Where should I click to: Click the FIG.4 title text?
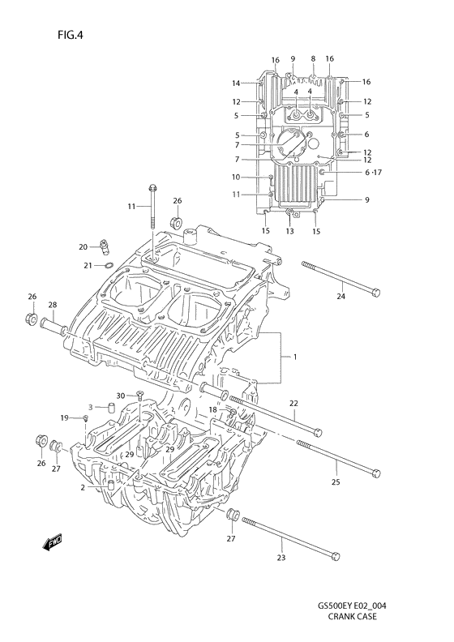pos(71,35)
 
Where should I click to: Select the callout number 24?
pos(340,296)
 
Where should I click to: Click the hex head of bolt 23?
pos(336,556)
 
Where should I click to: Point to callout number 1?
pos(295,357)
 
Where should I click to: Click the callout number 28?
pos(53,305)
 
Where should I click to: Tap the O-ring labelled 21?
pos(108,266)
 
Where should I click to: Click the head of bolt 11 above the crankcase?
pos(152,188)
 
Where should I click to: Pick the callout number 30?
pos(120,396)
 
